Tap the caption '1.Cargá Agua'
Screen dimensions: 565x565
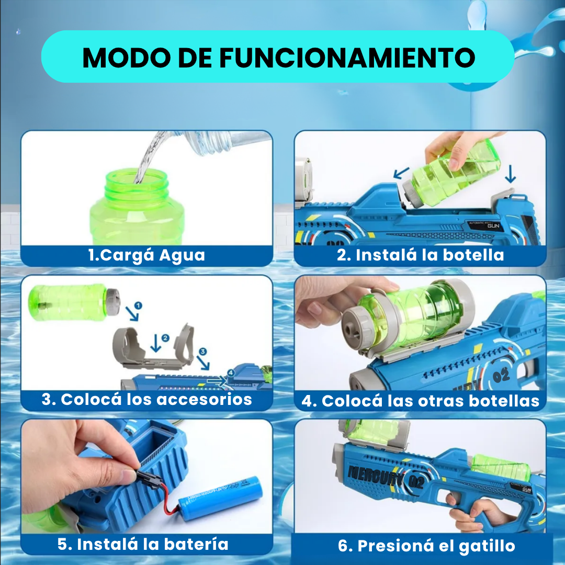pyautogui.click(x=146, y=255)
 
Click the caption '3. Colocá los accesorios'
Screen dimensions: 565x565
pyautogui.click(x=147, y=400)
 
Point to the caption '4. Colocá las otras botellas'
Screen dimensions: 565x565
pyautogui.click(x=420, y=401)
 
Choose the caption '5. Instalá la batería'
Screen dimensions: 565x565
pyautogui.click(x=143, y=544)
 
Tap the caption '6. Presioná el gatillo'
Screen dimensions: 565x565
pyautogui.click(x=426, y=546)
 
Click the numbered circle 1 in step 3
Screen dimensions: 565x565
pyautogui.click(x=138, y=304)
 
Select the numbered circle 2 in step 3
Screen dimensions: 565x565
pyautogui.click(x=166, y=338)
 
